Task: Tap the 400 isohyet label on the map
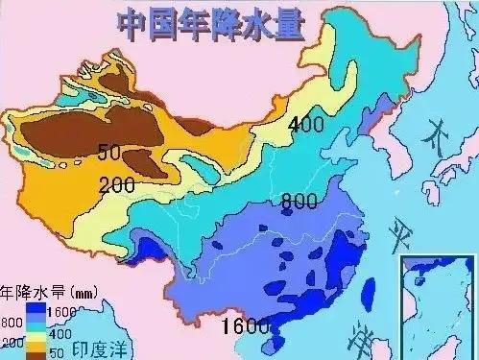pyautogui.click(x=306, y=123)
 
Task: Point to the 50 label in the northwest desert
pyautogui.click(x=109, y=151)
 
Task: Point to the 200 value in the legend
pyautogui.click(x=12, y=341)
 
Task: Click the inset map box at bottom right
pyautogui.click(x=439, y=306)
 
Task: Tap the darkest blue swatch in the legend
pyautogui.click(x=36, y=310)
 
